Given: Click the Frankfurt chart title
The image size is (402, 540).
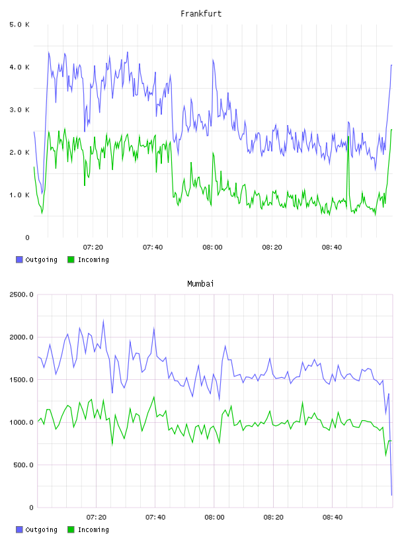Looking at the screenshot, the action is [201, 14].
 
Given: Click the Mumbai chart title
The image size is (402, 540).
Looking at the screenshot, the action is [200, 284].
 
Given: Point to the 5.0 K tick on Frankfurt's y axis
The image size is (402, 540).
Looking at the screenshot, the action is [20, 24].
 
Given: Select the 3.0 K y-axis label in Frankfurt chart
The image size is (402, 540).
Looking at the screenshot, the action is [20, 110].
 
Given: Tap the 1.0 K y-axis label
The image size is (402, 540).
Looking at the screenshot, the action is [20, 195].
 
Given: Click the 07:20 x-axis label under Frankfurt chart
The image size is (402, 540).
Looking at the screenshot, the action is [93, 247].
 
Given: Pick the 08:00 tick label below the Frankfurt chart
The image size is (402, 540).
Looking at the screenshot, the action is [212, 247].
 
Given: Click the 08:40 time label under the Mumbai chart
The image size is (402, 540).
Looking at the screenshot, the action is [333, 517].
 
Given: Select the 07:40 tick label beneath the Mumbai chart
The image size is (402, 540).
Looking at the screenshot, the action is [155, 517].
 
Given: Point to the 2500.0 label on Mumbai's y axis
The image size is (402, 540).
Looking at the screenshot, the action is [21, 294].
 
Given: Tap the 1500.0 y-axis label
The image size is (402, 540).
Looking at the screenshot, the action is [21, 379].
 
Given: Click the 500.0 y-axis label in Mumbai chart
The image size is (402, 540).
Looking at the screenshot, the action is [23, 465].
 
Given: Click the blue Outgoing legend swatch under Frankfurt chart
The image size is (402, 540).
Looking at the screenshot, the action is [19, 259].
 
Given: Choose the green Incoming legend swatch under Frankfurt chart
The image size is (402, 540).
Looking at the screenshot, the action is [71, 259].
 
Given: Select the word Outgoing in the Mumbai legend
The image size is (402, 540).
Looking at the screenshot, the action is [41, 529].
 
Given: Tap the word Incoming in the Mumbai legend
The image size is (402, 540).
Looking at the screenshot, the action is [93, 529].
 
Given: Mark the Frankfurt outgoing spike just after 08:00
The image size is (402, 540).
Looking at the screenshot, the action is [213, 60].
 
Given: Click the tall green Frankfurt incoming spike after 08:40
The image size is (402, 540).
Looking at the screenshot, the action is [348, 137].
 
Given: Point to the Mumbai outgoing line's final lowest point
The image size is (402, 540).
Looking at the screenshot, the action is [391, 495].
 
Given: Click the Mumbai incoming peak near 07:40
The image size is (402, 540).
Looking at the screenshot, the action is [154, 397].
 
